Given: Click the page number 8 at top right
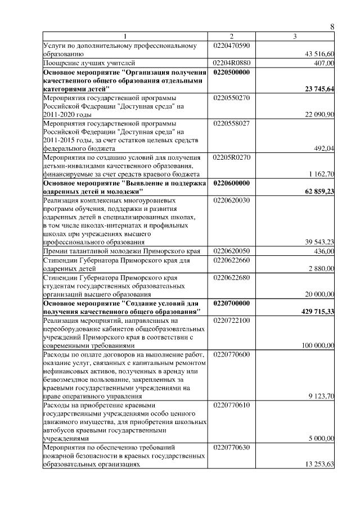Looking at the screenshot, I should (x=332, y=27).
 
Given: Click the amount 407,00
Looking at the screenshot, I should (x=323, y=63).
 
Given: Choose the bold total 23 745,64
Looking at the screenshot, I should (x=318, y=89).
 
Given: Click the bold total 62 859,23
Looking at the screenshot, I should (x=318, y=192).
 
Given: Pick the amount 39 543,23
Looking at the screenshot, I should (x=319, y=242).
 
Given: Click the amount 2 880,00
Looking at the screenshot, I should (x=321, y=269).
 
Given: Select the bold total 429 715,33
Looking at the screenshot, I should (x=317, y=311).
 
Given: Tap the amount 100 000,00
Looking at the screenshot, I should (x=318, y=346).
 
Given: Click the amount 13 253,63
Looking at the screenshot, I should (x=319, y=464).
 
